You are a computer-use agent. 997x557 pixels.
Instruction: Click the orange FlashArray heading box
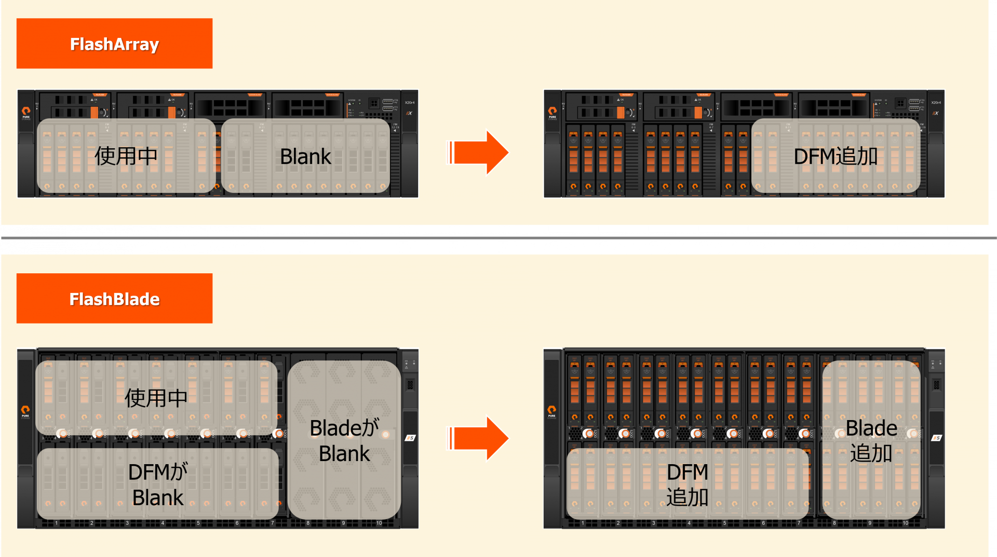click(x=114, y=44)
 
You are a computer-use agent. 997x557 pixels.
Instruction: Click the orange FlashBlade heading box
click(x=114, y=299)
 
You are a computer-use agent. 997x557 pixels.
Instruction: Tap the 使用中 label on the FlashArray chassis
click(x=126, y=156)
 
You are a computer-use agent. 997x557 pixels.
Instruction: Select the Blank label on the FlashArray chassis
click(x=305, y=156)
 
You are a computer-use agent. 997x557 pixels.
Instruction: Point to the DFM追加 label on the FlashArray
click(x=836, y=156)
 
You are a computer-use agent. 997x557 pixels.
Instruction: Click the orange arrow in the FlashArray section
click(x=478, y=152)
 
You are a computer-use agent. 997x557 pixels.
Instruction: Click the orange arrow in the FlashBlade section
click(x=478, y=438)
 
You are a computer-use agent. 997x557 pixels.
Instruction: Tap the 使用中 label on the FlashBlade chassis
click(x=156, y=398)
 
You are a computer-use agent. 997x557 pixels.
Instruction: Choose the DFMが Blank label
click(x=158, y=484)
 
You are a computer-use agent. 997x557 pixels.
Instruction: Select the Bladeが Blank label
click(x=344, y=440)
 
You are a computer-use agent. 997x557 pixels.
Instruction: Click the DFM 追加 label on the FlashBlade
click(x=688, y=484)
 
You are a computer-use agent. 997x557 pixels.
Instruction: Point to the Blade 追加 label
click(x=871, y=440)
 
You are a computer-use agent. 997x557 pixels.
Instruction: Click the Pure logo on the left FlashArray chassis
click(x=26, y=112)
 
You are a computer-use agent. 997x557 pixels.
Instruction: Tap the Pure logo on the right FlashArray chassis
click(x=553, y=112)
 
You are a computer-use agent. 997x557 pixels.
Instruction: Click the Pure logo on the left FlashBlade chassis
click(x=25, y=411)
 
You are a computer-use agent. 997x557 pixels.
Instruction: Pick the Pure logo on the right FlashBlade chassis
click(x=551, y=411)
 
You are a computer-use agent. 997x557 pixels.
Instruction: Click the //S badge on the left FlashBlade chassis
click(x=410, y=438)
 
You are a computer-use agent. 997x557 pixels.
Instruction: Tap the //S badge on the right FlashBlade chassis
click(x=937, y=438)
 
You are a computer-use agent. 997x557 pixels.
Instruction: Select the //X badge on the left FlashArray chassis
click(x=409, y=113)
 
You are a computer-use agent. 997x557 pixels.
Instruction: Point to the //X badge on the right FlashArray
click(x=936, y=113)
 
